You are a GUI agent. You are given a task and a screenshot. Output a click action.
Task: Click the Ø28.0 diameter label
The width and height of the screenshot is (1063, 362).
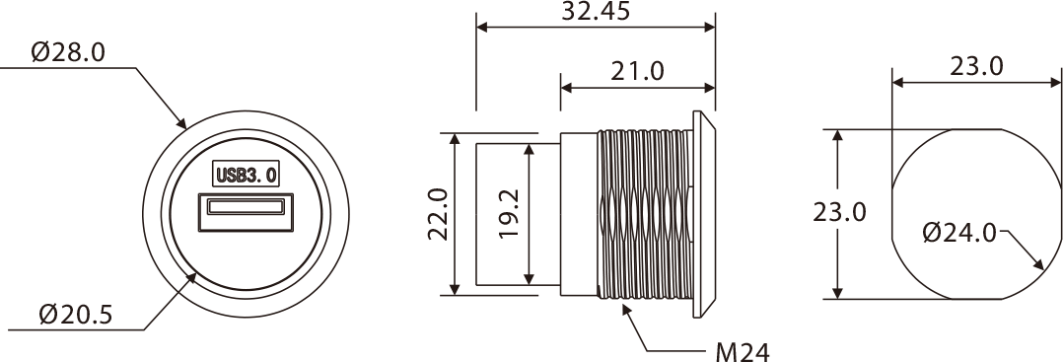[68, 52]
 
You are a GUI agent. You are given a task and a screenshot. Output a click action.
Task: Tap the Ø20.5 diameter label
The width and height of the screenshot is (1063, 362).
[76, 315]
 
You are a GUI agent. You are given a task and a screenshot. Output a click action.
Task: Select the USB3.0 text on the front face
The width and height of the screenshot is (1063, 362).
[247, 175]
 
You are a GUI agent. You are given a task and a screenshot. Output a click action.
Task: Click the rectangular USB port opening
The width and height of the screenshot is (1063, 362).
[247, 212]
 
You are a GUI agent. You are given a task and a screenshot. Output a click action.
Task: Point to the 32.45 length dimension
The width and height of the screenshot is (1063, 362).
[596, 11]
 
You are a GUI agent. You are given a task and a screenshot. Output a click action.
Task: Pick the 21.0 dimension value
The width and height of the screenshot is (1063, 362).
[637, 70]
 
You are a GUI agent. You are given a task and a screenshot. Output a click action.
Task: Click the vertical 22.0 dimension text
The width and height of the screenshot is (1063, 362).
[438, 214]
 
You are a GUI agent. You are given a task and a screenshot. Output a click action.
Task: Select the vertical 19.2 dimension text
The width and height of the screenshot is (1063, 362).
[509, 213]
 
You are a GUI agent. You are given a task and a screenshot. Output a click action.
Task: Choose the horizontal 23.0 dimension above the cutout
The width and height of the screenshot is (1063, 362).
[976, 66]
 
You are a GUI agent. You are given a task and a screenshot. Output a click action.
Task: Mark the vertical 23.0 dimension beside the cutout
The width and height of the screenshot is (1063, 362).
[840, 213]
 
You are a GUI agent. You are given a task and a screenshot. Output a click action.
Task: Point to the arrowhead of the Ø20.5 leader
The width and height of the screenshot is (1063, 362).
[191, 278]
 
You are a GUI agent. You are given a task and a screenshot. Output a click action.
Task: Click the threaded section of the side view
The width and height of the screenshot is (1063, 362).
[645, 214]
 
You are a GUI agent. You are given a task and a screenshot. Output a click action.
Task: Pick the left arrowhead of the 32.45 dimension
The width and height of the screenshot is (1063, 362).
[483, 27]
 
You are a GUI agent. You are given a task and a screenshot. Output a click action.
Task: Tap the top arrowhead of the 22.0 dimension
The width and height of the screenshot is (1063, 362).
[455, 139]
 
